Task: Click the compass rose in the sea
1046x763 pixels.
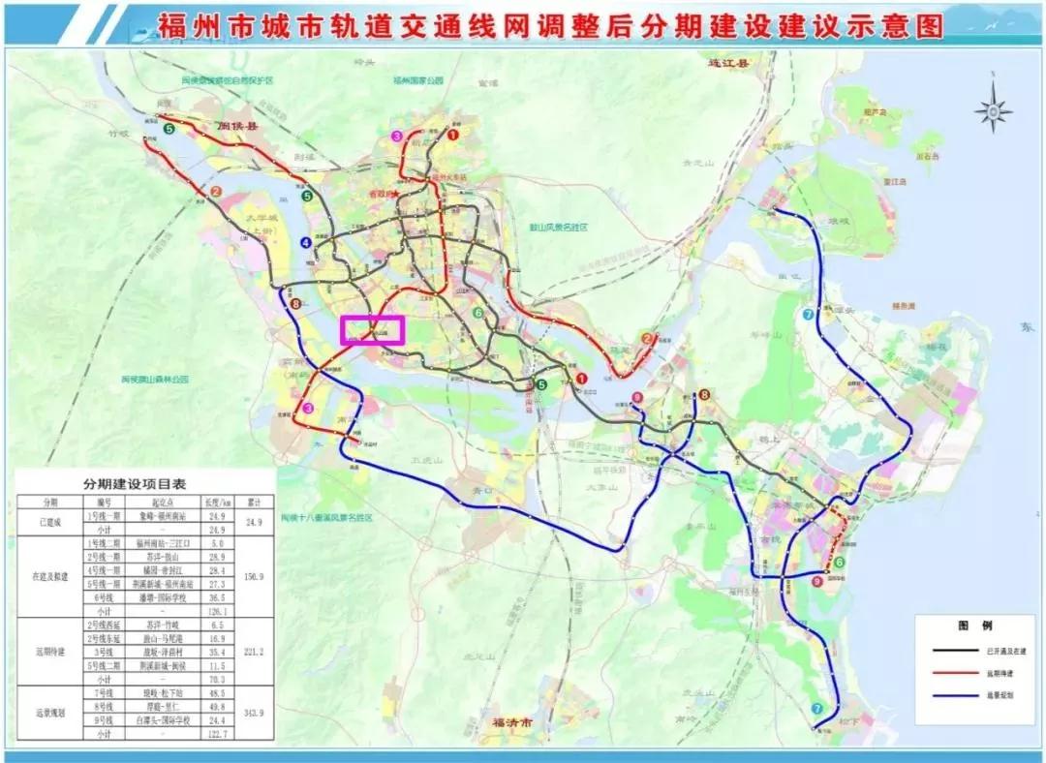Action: point(993,110)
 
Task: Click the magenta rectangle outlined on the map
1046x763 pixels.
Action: point(372,329)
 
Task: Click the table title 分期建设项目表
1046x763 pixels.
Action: point(144,484)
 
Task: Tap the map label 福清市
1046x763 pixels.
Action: point(512,722)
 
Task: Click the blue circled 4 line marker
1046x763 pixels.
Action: point(306,242)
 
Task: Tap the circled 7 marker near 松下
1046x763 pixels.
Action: point(818,709)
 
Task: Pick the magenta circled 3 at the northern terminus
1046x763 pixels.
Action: point(396,136)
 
